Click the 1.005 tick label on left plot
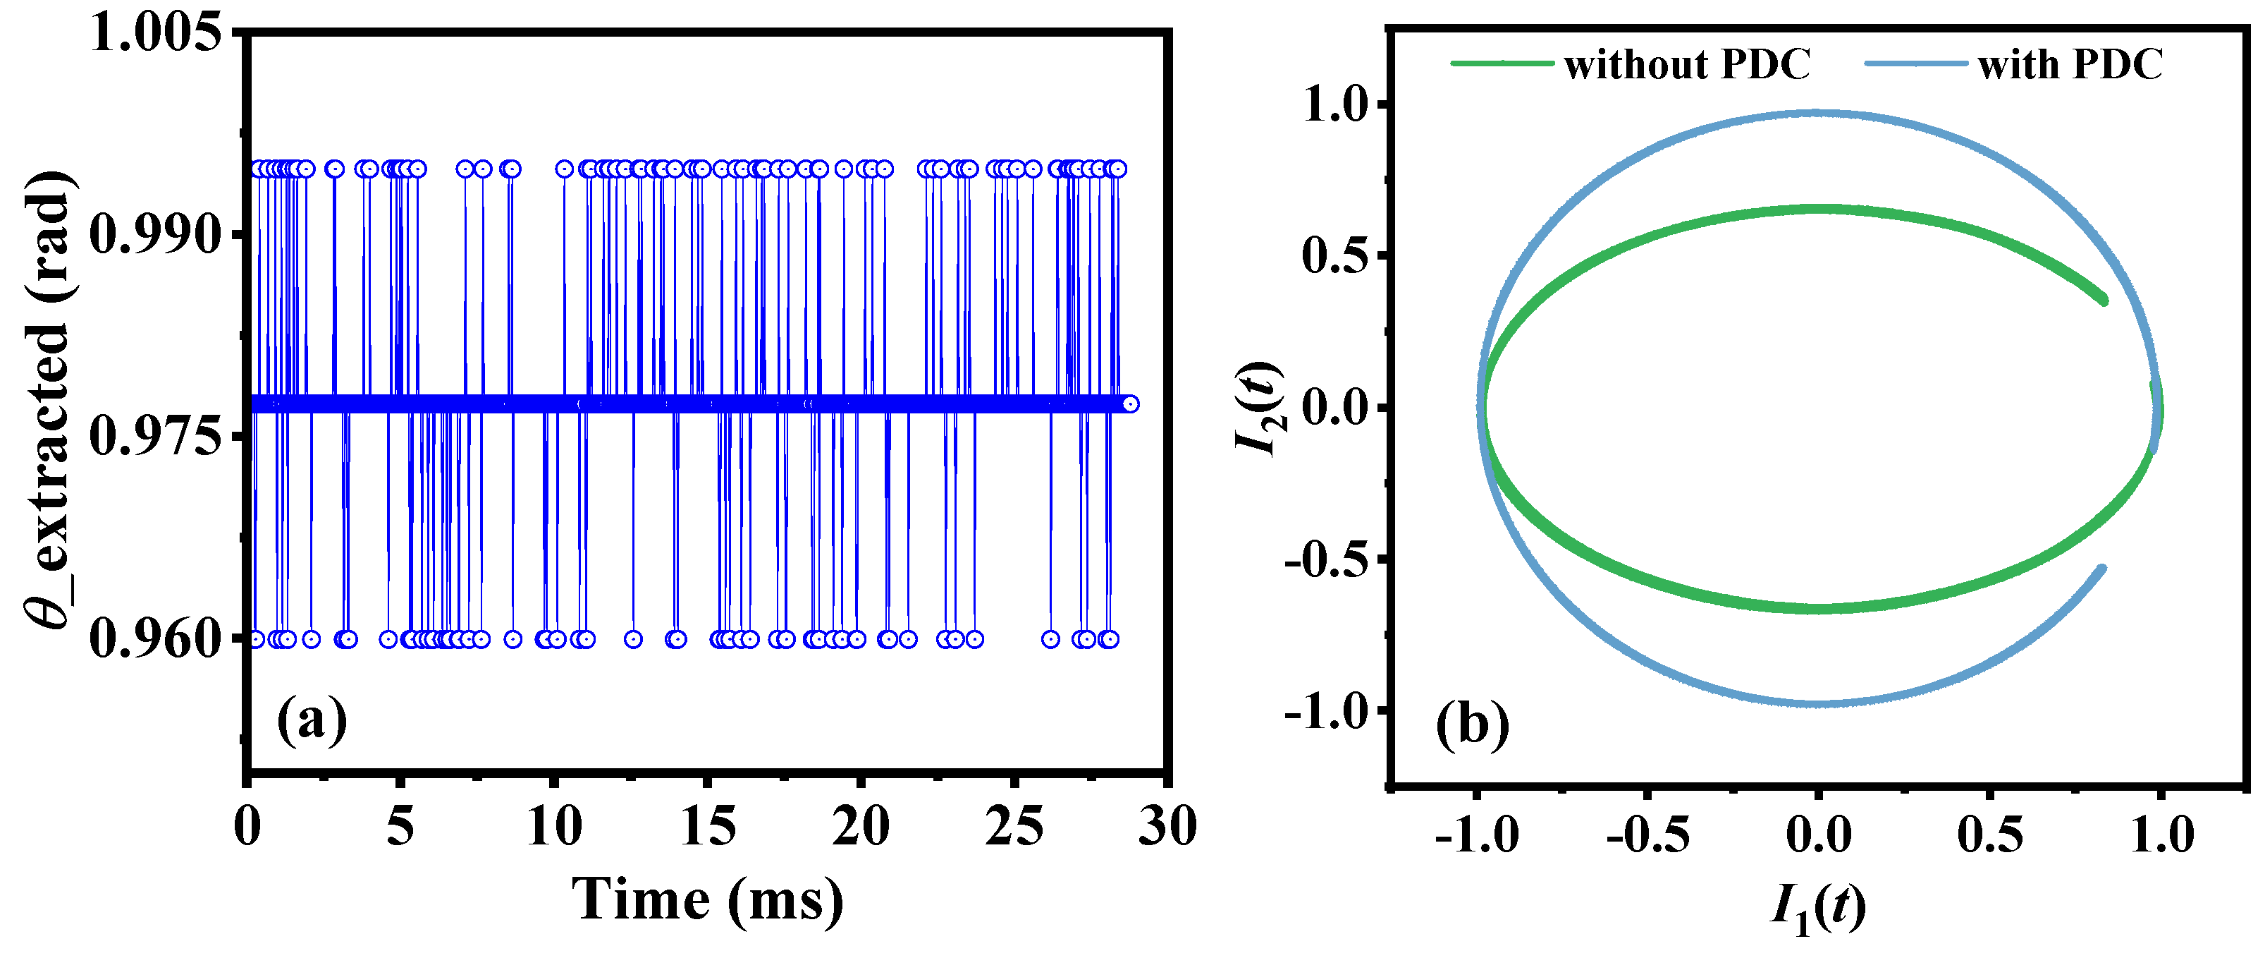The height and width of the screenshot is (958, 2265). pyautogui.click(x=156, y=35)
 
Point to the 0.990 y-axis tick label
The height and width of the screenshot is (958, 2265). pyautogui.click(x=156, y=235)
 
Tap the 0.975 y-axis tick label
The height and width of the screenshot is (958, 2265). pyautogui.click(x=156, y=437)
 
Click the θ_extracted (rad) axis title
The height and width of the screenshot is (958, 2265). pyautogui.click(x=49, y=400)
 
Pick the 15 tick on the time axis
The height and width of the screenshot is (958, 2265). pyautogui.click(x=708, y=827)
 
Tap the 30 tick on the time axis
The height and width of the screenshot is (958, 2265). pyautogui.click(x=1167, y=827)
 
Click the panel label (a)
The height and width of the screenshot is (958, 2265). pyautogui.click(x=312, y=722)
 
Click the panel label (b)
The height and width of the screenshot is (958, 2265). pyautogui.click(x=1473, y=727)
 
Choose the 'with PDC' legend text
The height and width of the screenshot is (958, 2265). pyautogui.click(x=2070, y=64)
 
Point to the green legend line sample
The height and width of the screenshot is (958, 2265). pyautogui.click(x=1502, y=63)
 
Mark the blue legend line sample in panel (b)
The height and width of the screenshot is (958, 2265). pyautogui.click(x=1916, y=63)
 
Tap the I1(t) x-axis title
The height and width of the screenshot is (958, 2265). pyautogui.click(x=1817, y=906)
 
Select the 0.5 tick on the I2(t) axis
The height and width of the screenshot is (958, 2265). pyautogui.click(x=1334, y=256)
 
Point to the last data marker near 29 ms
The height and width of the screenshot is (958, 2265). pyautogui.click(x=1131, y=404)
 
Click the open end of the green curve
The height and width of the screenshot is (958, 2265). pyautogui.click(x=2104, y=301)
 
